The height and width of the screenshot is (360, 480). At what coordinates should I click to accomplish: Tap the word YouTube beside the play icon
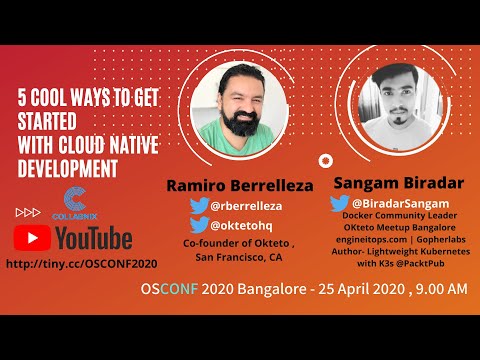93,238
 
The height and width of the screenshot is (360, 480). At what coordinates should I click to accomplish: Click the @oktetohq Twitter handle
240,225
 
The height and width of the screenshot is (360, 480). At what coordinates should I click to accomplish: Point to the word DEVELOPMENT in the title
69,161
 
